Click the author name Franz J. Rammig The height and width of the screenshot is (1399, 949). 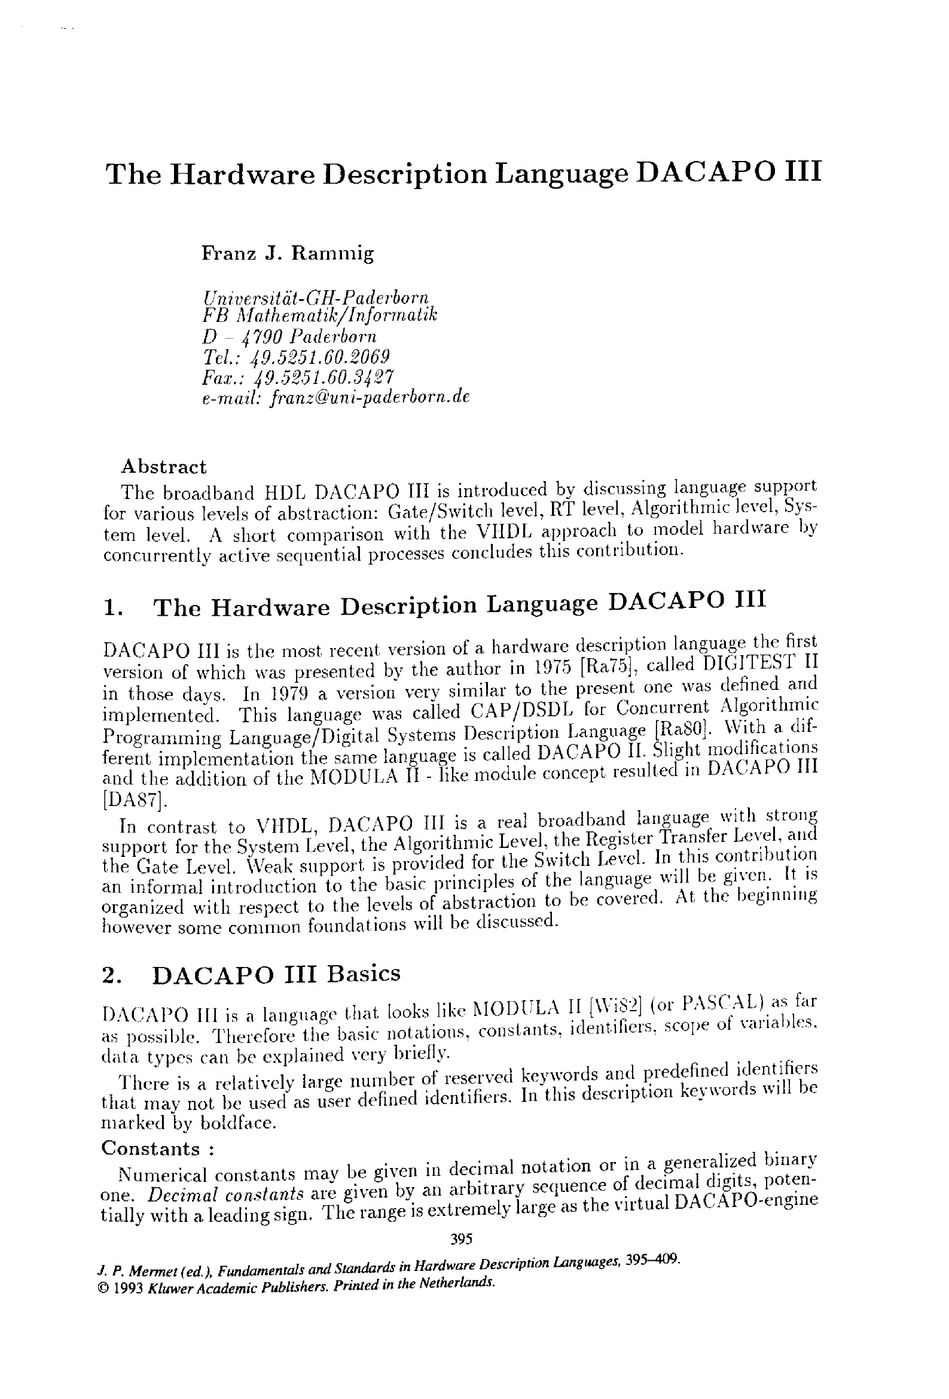coord(287,254)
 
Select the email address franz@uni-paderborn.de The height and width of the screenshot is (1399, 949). coord(370,397)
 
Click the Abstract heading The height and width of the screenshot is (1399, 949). coord(163,467)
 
